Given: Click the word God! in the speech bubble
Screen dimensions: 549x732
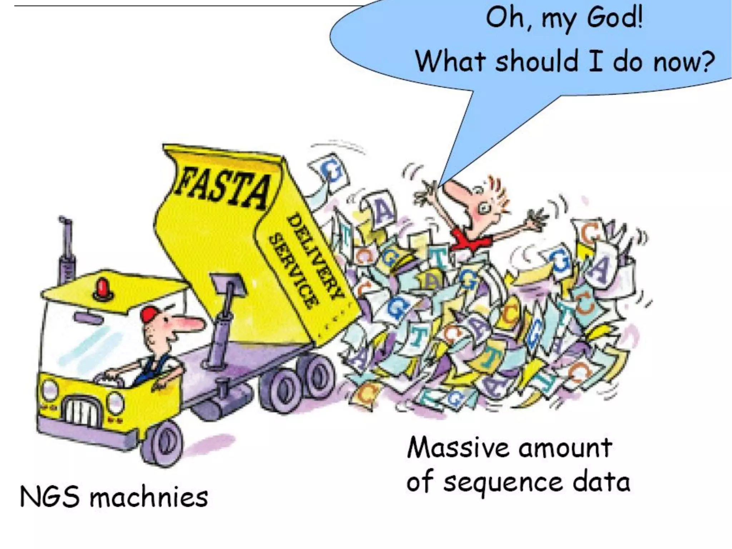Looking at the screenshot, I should point(615,18).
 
